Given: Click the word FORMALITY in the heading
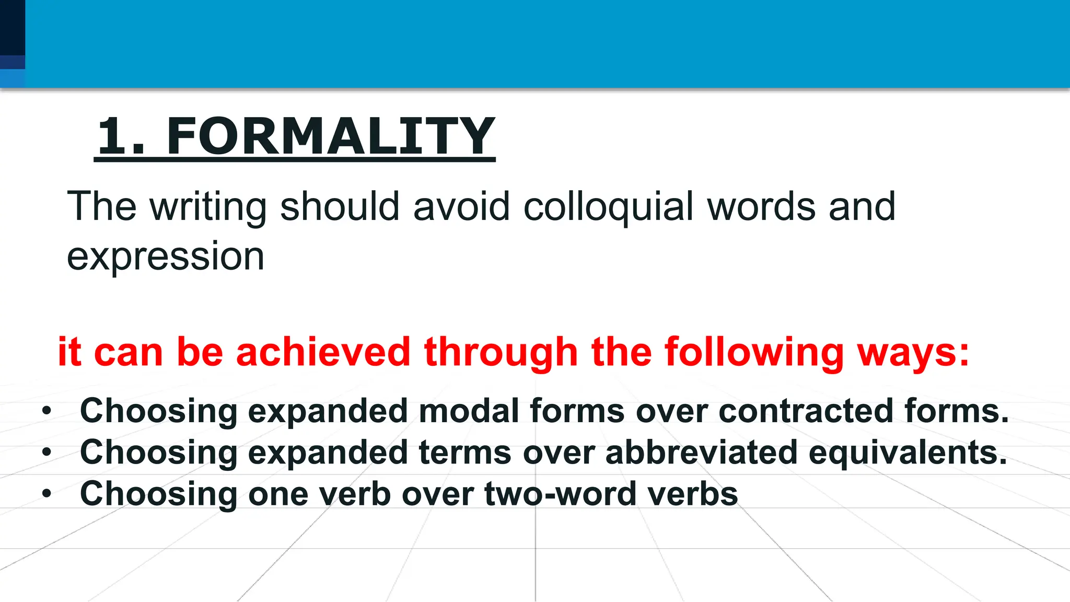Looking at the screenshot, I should click(x=330, y=136).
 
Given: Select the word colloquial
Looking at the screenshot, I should click(x=608, y=207).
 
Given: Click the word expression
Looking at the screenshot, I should click(x=166, y=257).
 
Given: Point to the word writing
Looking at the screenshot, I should click(x=208, y=207).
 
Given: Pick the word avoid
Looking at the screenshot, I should click(x=461, y=207).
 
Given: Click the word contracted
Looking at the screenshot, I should click(x=806, y=411).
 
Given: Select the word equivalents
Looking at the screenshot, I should click(x=908, y=453).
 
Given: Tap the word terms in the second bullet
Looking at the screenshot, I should click(x=464, y=453).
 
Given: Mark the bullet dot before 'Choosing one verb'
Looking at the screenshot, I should click(x=47, y=494).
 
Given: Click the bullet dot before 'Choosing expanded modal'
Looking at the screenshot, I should click(x=47, y=411).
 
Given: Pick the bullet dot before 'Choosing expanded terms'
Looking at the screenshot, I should click(x=47, y=453).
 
